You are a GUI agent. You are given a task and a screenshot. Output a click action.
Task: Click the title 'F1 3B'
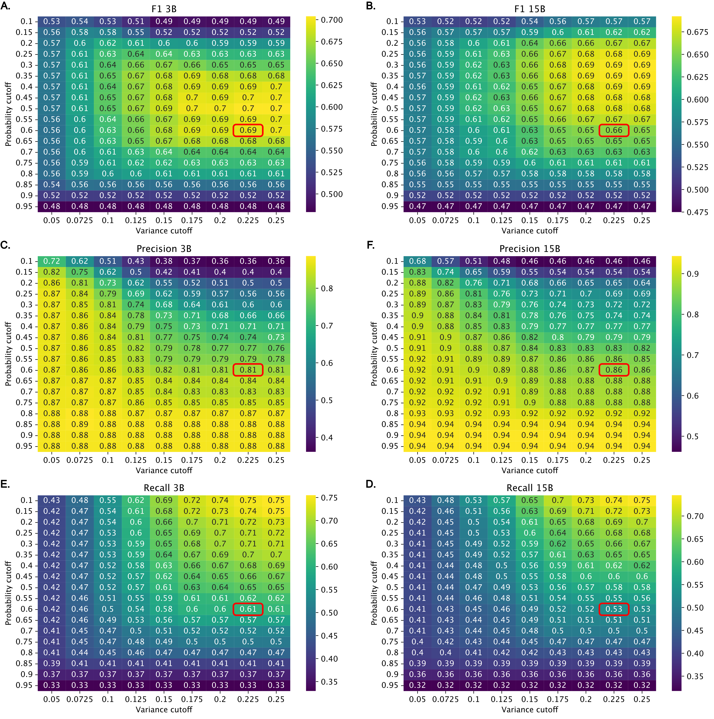click(x=164, y=9)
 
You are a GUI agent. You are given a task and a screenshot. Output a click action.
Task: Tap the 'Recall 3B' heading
click(x=164, y=488)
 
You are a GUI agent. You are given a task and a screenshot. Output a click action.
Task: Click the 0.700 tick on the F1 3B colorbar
click(x=331, y=20)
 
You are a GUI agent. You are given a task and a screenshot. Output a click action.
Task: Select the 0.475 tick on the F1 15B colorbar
click(x=697, y=212)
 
